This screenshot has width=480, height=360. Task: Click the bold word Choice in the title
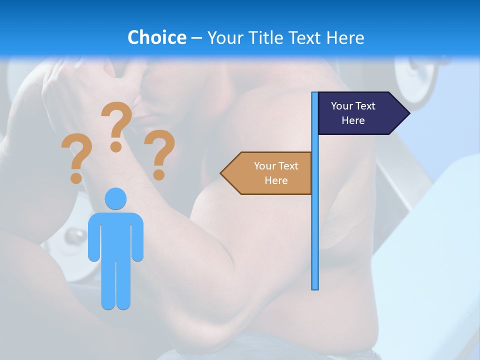tap(156, 37)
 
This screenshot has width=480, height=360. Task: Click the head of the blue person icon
tap(115, 198)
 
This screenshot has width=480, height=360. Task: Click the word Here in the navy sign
tap(353, 120)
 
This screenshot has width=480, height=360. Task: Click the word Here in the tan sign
tap(276, 180)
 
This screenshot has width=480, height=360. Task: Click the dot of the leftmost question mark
tap(76, 177)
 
